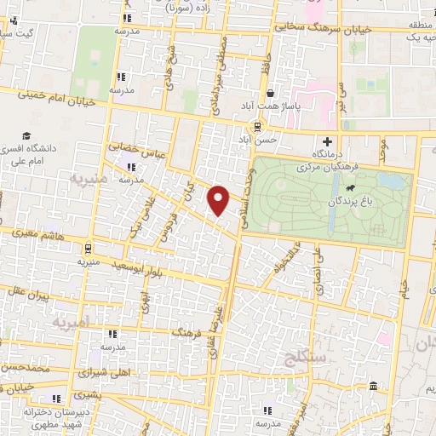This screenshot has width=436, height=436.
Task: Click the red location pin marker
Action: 219,199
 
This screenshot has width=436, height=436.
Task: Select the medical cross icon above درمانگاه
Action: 327,141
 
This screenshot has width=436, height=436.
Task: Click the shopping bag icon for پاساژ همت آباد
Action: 270,94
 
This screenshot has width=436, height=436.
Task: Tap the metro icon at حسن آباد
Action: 257,125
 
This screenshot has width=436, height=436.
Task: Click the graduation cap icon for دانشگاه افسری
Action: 27,135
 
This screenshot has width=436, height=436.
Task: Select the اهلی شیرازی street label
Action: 102,371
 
